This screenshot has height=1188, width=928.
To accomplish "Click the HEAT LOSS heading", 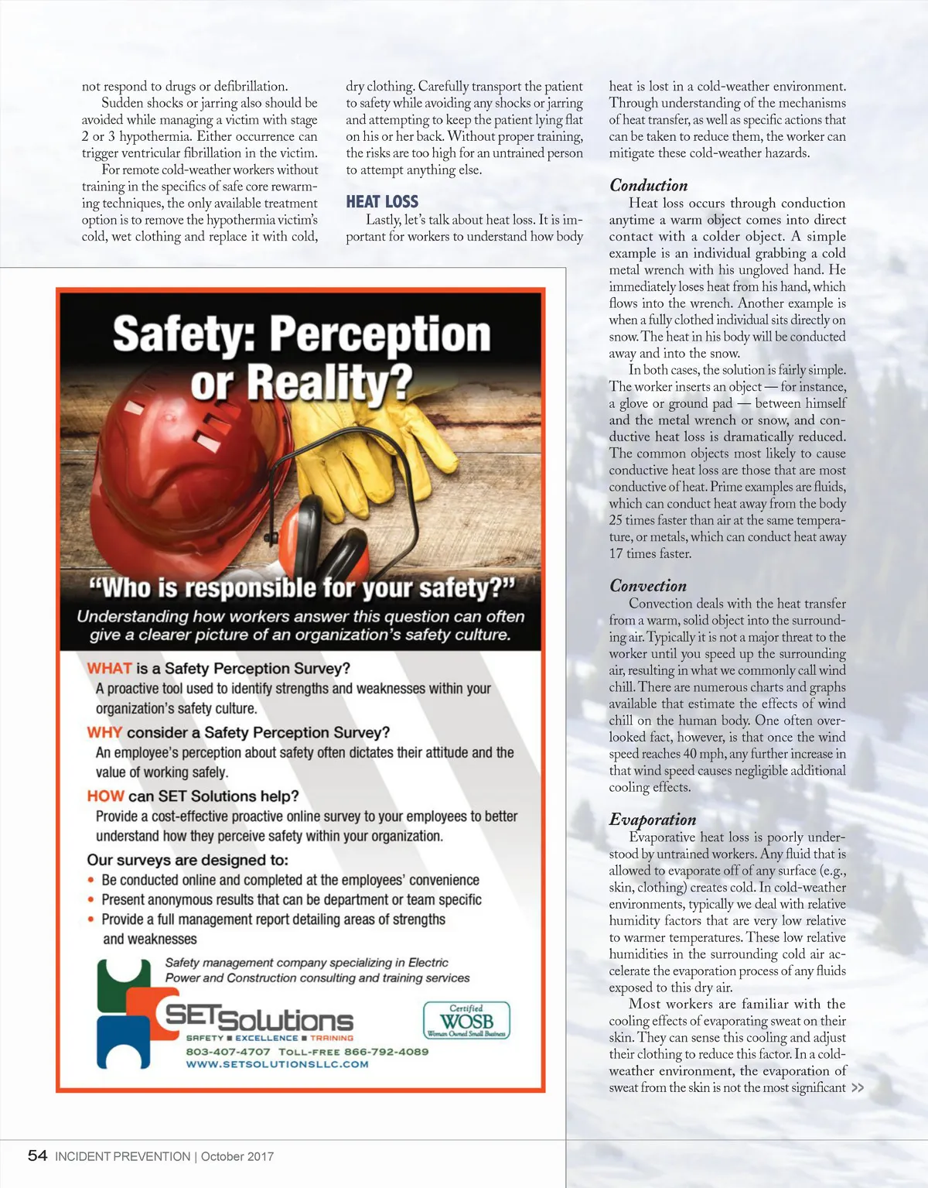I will pos(382,202).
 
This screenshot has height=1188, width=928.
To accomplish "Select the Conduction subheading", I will pos(648,186).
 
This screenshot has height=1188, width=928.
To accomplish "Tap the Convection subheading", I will pos(648,586).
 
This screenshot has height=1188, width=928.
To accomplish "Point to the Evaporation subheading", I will pos(653,820).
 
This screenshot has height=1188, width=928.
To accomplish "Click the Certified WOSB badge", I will pos(466,1020).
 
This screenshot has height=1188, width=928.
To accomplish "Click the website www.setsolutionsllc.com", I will pos(277,1064).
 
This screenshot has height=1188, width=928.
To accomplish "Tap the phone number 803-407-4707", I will pos(228,1052).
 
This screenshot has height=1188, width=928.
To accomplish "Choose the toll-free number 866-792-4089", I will pos(386,1052).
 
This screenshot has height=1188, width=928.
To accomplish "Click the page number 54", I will pos(37,1155).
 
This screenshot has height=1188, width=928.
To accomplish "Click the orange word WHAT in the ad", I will pos(109,669).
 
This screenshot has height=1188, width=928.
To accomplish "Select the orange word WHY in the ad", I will pos(104,733).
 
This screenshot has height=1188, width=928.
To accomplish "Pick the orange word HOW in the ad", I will pos(105,796).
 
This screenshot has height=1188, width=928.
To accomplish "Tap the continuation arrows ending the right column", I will pos(857,1087).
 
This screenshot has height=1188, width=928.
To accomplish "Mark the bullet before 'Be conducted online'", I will pos(91,880).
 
